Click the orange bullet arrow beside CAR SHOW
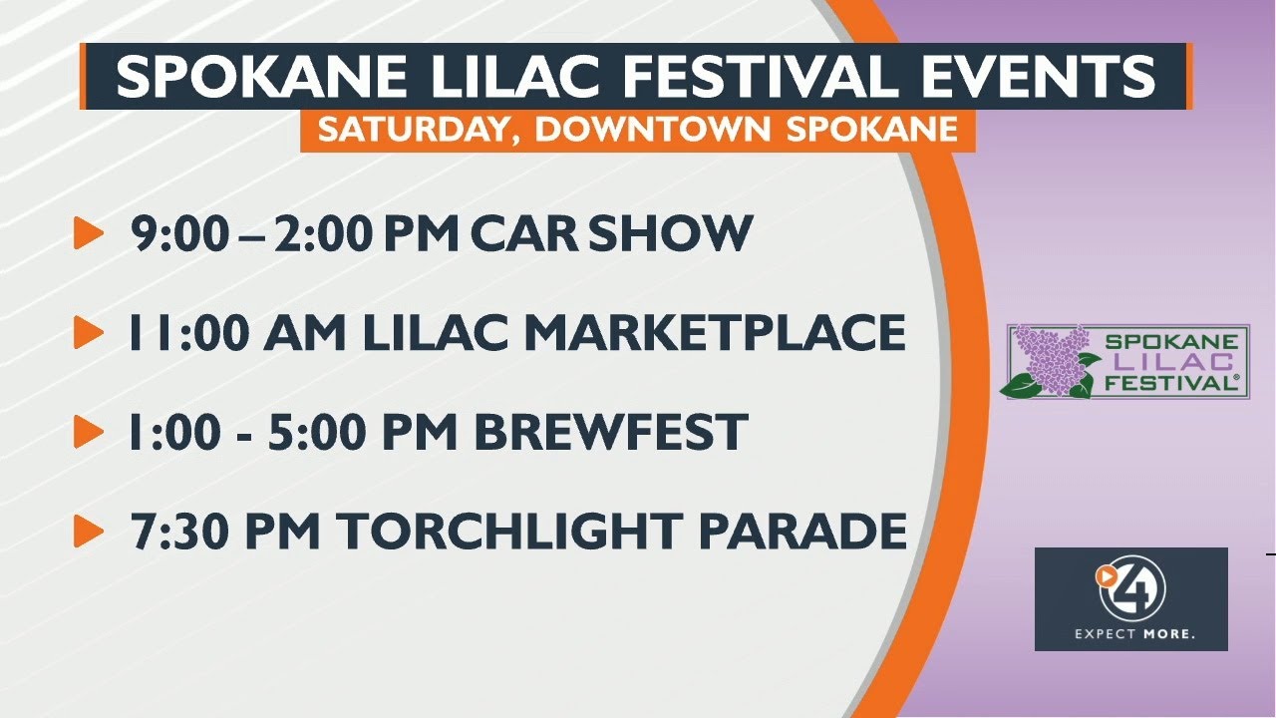(x=89, y=234)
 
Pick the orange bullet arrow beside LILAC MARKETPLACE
(x=89, y=333)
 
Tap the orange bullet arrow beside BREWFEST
(x=89, y=432)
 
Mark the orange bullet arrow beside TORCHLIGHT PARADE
(x=89, y=531)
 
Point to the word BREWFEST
(x=610, y=432)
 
